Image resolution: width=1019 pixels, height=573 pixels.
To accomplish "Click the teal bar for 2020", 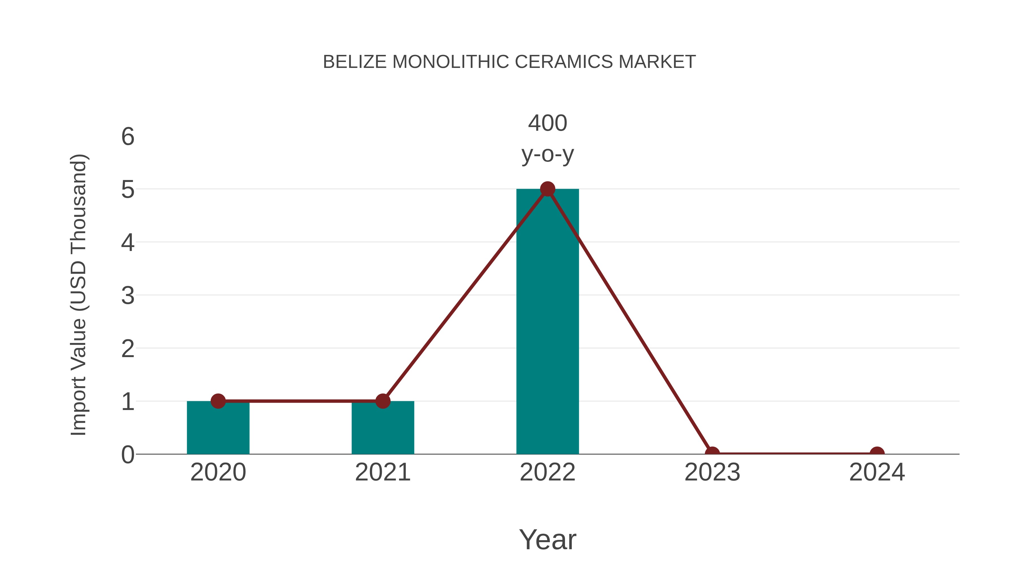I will click(x=218, y=429).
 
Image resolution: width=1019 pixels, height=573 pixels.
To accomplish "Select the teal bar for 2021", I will click(x=382, y=429).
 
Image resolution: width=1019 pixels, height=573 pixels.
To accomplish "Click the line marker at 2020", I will click(x=218, y=401).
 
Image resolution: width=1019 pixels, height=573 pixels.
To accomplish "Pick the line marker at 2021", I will click(x=382, y=401).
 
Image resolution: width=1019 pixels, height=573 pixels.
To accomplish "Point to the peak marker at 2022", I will click(x=547, y=189).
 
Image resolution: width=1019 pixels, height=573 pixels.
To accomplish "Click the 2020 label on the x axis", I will click(x=218, y=472).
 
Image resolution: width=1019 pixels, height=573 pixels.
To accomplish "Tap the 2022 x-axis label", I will click(x=547, y=472).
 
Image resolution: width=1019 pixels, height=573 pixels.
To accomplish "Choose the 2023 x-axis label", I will click(x=712, y=472).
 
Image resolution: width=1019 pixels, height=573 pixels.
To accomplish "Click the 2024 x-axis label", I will click(x=877, y=472).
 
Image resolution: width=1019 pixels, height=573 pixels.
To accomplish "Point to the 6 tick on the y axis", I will click(x=128, y=137).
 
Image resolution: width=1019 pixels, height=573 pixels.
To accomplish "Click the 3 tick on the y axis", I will click(x=128, y=296).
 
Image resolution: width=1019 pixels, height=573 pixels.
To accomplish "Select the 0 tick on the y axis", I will click(x=128, y=455).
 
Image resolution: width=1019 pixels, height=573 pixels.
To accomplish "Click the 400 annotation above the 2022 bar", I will click(x=547, y=123).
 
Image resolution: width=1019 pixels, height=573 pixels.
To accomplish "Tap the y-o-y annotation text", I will click(x=547, y=154).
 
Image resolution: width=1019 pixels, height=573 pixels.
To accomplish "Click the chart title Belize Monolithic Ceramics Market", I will click(x=509, y=62).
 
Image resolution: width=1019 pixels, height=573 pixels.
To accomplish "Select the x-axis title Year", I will click(x=547, y=539).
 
